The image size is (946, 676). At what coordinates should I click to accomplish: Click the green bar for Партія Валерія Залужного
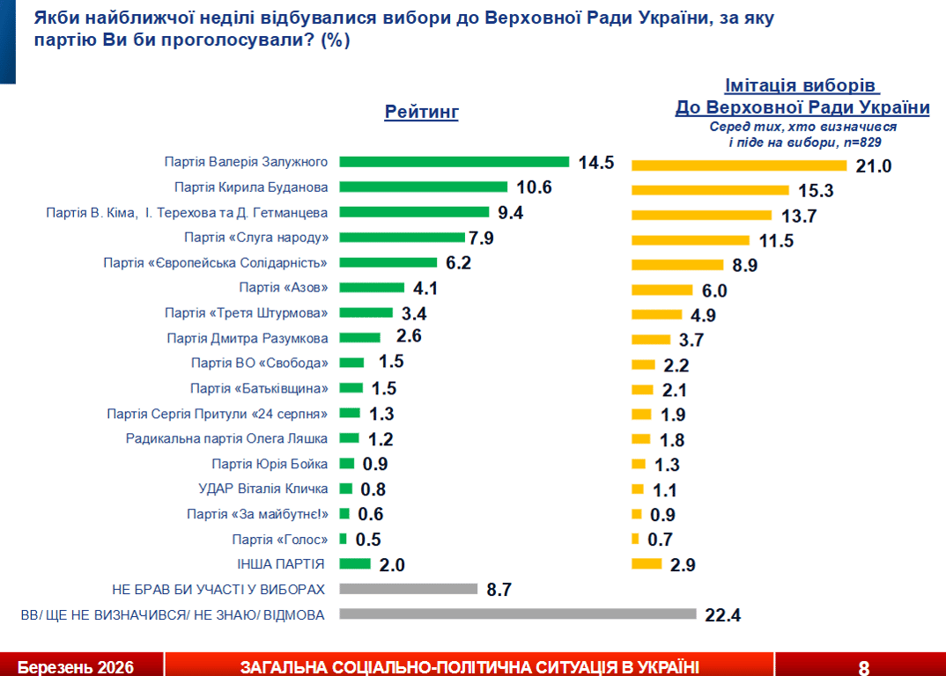coord(454,162)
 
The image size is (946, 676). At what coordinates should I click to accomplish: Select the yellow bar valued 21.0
coord(738,165)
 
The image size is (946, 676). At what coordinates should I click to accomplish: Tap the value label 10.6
coord(534,187)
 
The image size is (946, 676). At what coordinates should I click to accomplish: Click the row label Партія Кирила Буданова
coord(251,187)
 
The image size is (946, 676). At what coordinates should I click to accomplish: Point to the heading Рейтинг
coord(422,112)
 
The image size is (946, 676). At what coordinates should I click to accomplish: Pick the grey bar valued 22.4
coord(517,614)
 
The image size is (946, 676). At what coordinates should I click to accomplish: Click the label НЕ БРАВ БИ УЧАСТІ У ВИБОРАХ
coord(219,589)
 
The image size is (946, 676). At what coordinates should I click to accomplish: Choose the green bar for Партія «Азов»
coord(371,288)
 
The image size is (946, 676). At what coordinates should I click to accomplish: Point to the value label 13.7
coord(797,215)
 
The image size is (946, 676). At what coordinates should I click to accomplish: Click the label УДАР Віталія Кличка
coord(264,489)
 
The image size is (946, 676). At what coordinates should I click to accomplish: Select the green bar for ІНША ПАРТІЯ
coord(354,564)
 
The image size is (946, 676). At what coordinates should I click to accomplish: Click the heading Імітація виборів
coord(802,86)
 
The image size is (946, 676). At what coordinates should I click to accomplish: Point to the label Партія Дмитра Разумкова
coord(248,338)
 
